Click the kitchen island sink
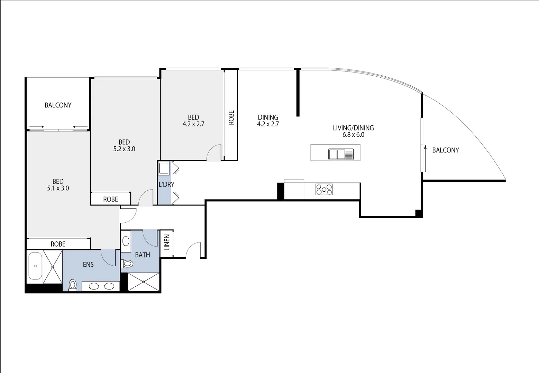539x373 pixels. [341, 154]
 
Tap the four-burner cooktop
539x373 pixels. [324, 189]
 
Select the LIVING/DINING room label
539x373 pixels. [353, 128]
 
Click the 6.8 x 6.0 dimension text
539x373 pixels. [353, 135]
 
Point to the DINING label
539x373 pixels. [268, 117]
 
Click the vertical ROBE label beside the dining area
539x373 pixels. [231, 117]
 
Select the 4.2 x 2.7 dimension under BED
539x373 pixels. [193, 124]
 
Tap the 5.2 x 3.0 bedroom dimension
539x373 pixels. [124, 149]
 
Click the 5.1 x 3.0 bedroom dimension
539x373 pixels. [58, 188]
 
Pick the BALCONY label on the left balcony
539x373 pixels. [58, 105]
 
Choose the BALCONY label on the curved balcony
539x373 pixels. [445, 150]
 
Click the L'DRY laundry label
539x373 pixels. [166, 184]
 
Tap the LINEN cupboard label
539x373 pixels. [167, 242]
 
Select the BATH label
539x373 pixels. [143, 255]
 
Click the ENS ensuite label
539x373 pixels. [88, 265]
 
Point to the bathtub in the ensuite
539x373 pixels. [35, 266]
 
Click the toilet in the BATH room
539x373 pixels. [127, 264]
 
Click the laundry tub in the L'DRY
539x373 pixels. [163, 169]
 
